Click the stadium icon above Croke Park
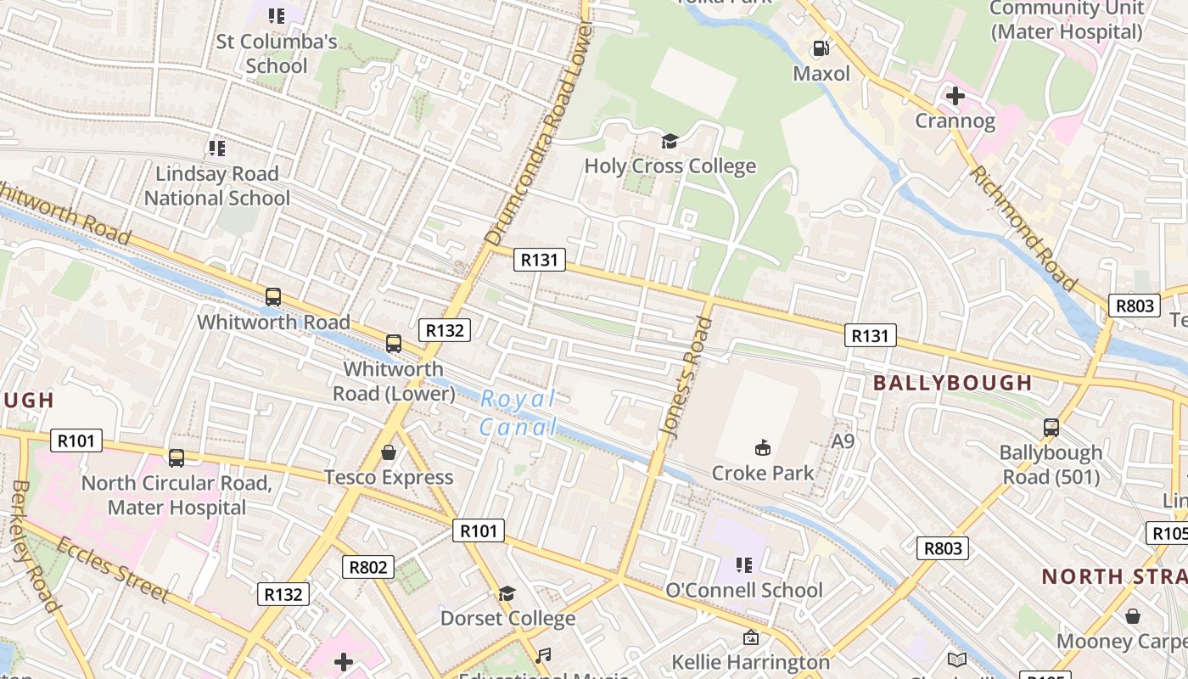coord(763,448)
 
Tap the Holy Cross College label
coord(670,166)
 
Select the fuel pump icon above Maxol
coord(821,48)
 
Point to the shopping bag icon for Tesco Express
coord(389,452)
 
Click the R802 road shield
coord(368,567)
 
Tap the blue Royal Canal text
coord(518,412)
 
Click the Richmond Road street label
coord(1023,227)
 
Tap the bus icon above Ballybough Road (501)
coord(1051,427)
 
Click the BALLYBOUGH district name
coord(952,383)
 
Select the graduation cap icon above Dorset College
coord(507,593)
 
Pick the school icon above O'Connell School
coord(744,564)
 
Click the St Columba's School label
coord(277,53)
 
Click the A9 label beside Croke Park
coord(842,441)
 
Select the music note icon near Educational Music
coord(543,655)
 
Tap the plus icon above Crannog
coord(955,96)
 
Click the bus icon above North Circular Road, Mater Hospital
coord(177,458)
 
